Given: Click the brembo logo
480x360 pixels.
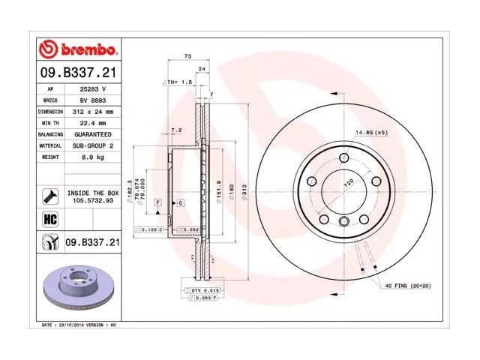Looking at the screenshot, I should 77,49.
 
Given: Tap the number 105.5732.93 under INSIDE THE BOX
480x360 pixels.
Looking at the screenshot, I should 92,200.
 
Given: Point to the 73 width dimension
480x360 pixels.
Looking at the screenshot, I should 187,57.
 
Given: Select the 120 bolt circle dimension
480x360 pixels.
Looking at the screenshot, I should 348,182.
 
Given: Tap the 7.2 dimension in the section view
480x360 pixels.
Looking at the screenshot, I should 176,130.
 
